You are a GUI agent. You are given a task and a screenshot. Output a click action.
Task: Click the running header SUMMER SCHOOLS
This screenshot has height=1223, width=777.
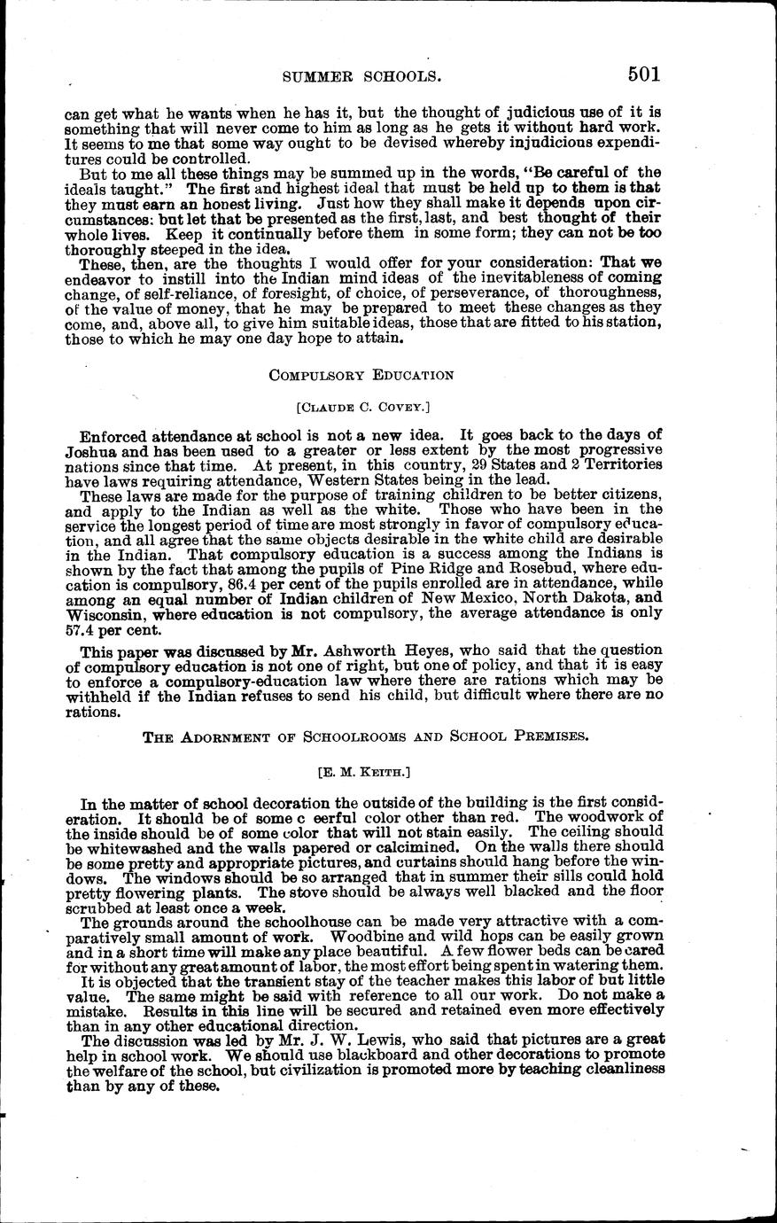[361, 77]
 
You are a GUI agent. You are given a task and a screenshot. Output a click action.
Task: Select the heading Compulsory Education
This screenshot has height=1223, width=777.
[361, 375]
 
